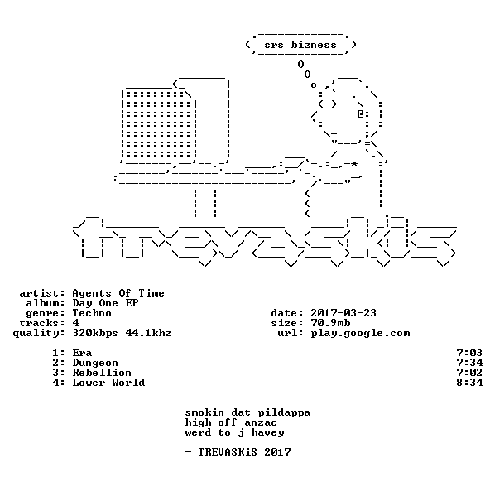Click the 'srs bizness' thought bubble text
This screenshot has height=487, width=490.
[300, 45]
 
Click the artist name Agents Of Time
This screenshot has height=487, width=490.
[118, 293]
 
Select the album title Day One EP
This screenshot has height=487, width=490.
[105, 303]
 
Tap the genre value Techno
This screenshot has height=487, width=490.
[92, 313]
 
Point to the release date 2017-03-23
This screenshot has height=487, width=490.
[343, 313]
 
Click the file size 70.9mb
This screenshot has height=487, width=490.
[330, 323]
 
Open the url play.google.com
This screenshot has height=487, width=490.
[360, 334]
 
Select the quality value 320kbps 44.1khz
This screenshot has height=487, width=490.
[122, 334]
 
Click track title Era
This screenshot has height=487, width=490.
[82, 353]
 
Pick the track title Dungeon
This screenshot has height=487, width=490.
[95, 363]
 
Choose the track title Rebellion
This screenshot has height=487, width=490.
[102, 373]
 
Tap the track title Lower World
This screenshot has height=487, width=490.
[108, 383]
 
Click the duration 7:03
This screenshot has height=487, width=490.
[469, 353]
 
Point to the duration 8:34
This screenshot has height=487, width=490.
[469, 383]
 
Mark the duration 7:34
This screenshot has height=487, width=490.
[469, 363]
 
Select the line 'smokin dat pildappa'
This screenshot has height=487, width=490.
[247, 413]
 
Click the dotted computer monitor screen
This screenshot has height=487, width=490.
[159, 124]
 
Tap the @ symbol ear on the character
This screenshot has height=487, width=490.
[360, 113]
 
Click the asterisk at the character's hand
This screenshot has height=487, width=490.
[353, 164]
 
